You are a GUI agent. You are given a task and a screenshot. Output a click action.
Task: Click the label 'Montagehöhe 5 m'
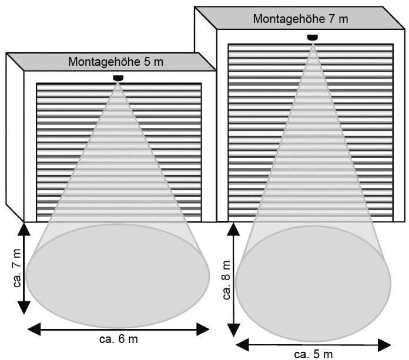116,62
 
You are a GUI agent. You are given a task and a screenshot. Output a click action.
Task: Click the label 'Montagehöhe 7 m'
300,19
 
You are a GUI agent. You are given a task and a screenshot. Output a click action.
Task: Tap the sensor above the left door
118,78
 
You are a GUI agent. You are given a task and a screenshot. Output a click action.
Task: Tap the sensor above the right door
313,38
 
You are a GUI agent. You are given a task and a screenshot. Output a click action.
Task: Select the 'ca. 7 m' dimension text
17,268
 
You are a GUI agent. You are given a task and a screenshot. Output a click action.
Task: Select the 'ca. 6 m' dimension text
119,339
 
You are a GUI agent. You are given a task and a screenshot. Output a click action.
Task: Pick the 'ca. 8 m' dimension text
227,280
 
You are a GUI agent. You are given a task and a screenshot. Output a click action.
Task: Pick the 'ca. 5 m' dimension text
313,354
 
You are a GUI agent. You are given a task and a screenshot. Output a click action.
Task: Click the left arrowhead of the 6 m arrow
34,329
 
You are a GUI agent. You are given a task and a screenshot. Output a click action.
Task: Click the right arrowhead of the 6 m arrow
203,329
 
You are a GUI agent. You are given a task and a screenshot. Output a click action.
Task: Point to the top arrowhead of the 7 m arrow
24,230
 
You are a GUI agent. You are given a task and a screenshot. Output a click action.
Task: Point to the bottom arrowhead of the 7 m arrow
24,308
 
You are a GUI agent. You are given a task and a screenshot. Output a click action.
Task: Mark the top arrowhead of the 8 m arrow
233,229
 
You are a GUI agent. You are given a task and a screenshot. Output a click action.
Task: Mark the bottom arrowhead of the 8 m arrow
234,330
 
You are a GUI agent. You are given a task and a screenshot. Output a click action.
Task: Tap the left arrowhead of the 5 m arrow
242,345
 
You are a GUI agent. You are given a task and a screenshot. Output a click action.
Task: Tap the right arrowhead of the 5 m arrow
384,345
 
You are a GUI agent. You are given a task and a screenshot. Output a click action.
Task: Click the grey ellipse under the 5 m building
118,276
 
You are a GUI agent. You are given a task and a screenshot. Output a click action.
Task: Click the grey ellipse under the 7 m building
313,284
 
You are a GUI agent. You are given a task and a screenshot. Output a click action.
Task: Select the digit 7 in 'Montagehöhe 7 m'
331,19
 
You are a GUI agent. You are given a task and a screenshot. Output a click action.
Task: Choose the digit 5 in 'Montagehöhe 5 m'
146,62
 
